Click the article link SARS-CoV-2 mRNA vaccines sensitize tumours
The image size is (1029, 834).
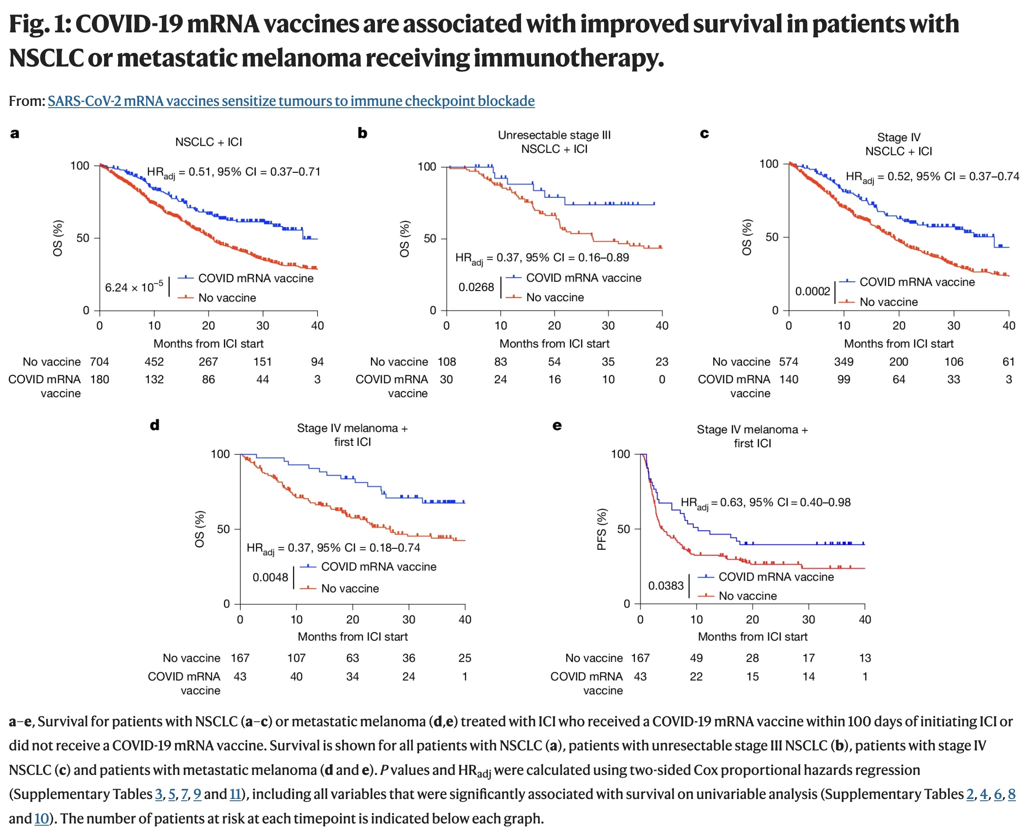tap(290, 101)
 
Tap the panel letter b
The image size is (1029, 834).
tap(362, 133)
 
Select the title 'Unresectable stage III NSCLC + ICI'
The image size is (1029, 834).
tap(554, 142)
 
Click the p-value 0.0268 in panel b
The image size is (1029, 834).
tap(476, 287)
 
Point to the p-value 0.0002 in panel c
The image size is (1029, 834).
tap(812, 291)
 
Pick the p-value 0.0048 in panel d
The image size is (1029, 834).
tap(270, 577)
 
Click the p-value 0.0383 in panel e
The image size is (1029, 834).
tap(665, 585)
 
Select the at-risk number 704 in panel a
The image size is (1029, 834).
tap(99, 362)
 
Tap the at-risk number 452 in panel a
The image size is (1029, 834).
tap(154, 362)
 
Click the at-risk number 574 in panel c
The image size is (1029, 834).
tap(788, 362)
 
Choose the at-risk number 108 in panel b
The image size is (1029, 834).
tap(446, 362)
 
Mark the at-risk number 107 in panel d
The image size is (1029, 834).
tap(296, 658)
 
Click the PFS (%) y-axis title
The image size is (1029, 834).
tap(602, 529)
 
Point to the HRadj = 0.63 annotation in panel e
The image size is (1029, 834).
tap(765, 502)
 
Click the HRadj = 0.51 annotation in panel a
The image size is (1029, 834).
tap(234, 172)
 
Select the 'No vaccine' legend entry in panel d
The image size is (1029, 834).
tap(350, 589)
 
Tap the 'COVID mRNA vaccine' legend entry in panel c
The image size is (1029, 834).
tap(917, 282)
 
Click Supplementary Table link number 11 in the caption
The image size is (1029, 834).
tap(235, 794)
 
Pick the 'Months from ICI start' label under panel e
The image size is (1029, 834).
tap(752, 637)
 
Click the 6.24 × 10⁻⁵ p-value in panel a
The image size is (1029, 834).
tap(134, 287)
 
